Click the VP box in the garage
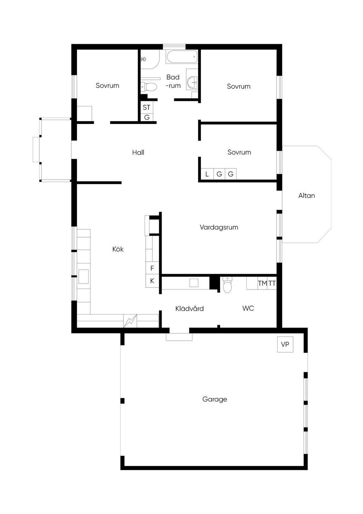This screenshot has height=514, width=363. [x=285, y=344]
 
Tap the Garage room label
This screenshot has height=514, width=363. [x=214, y=399]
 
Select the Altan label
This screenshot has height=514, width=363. [x=306, y=196]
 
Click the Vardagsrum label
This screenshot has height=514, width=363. [x=219, y=227]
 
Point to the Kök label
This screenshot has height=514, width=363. [x=118, y=249]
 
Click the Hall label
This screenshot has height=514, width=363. [x=138, y=152]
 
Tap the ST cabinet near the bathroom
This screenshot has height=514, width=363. [x=147, y=107]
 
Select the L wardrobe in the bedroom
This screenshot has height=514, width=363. [x=207, y=174]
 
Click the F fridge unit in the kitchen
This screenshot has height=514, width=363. [x=152, y=268]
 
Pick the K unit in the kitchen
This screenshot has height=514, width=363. [x=152, y=281]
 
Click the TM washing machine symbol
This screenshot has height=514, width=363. [x=262, y=283]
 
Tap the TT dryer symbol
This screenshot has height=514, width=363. [x=272, y=283]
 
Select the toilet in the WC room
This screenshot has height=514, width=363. [x=227, y=285]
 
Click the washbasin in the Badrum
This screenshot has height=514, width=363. [x=192, y=81]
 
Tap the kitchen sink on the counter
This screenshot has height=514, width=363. [x=83, y=277]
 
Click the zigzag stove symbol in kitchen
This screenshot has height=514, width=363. [x=130, y=321]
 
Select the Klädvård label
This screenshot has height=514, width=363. [x=190, y=308]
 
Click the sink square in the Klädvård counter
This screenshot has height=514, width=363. [x=194, y=283]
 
